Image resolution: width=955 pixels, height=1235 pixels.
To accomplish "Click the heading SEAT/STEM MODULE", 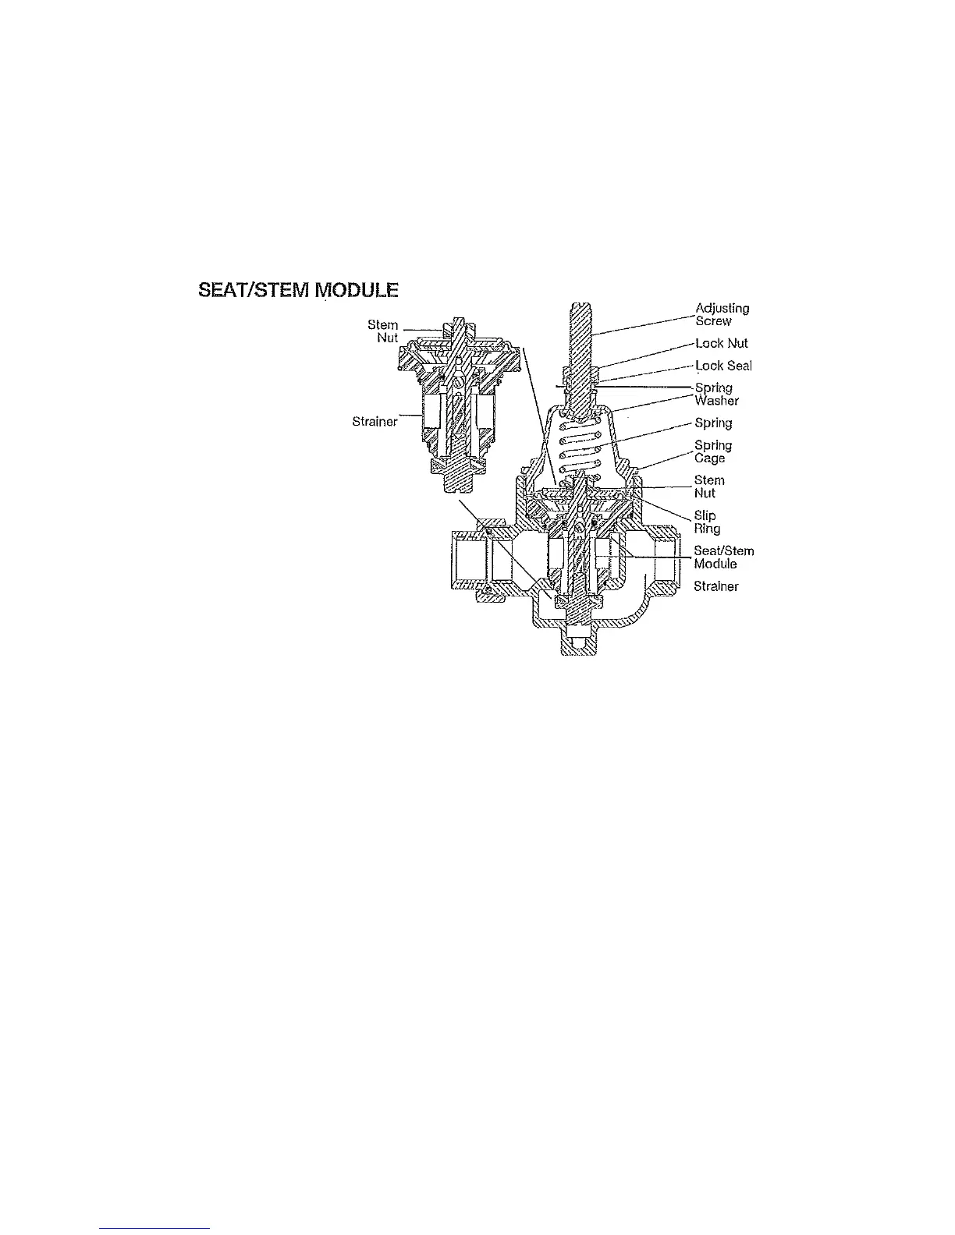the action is pyautogui.click(x=299, y=291).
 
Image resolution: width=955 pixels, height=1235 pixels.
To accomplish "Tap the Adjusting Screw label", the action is pyautogui.click(x=722, y=314).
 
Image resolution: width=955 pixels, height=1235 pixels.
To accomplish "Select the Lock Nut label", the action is pyautogui.click(x=722, y=343).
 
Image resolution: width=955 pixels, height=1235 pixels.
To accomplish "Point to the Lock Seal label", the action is pyautogui.click(x=723, y=366).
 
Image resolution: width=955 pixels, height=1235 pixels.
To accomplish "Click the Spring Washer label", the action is pyautogui.click(x=716, y=394).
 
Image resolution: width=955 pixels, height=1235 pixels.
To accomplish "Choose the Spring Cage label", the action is pyautogui.click(x=713, y=451).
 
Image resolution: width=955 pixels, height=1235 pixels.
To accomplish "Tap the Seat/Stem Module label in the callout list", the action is pyautogui.click(x=723, y=557).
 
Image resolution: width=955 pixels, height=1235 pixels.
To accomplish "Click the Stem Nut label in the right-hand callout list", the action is pyautogui.click(x=709, y=487).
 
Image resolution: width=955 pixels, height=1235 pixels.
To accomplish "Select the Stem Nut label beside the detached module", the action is pyautogui.click(x=383, y=331).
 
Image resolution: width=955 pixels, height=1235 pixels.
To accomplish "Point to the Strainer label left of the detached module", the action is pyautogui.click(x=375, y=422).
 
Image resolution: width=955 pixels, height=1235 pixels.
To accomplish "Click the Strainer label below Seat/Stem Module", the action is pyautogui.click(x=715, y=586).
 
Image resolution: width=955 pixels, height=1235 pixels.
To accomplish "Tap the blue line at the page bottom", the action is pyautogui.click(x=155, y=1228).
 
